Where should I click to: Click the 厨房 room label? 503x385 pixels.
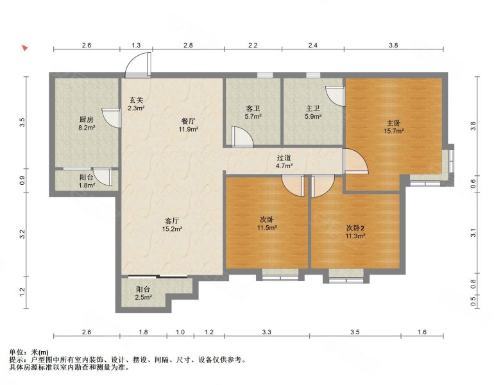click(86, 120)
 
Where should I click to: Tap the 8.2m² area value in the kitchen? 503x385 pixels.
click(86, 128)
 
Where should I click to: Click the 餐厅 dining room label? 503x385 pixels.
click(189, 122)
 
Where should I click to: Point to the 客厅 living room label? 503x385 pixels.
click(172, 221)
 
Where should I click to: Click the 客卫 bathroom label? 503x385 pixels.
click(253, 109)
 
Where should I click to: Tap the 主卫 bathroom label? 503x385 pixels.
click(313, 109)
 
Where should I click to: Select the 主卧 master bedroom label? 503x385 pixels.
click(393, 123)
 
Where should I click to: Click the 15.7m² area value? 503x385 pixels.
click(394, 131)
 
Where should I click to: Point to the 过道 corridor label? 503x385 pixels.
click(284, 158)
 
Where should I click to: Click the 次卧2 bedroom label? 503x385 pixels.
click(355, 228)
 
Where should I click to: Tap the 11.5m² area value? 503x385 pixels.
click(267, 228)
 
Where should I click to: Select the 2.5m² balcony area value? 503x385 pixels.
click(144, 298)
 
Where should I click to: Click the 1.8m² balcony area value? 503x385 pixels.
click(87, 185)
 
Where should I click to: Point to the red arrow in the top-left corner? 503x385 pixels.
click(24, 47)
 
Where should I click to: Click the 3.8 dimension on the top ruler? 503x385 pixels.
click(394, 45)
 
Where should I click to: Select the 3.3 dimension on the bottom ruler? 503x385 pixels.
click(267, 332)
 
